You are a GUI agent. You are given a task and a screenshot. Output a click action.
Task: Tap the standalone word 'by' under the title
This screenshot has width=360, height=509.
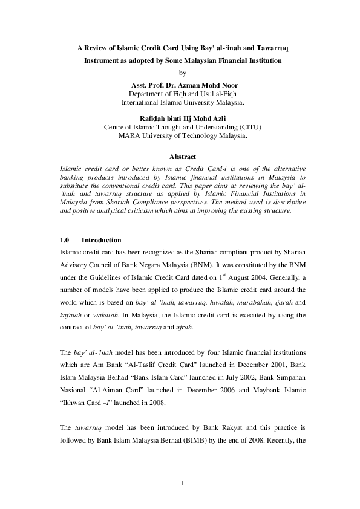tap(180, 73)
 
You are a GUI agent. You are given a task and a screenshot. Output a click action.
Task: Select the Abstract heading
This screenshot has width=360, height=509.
tap(180, 156)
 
